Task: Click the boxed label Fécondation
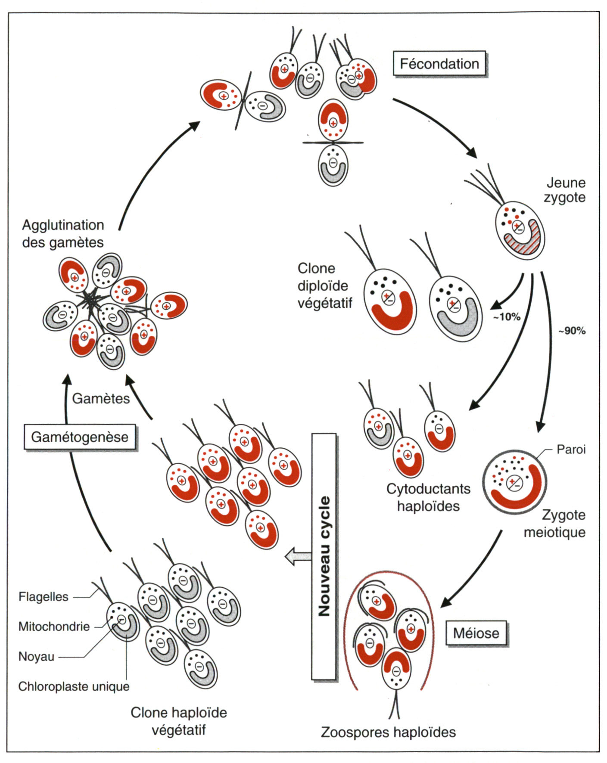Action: point(439,64)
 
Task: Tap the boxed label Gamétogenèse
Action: point(80,437)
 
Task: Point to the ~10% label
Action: point(507,317)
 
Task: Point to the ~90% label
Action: point(572,331)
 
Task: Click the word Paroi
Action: point(571,450)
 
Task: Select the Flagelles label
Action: point(43,597)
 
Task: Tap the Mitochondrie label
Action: point(54,627)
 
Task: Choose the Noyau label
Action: point(36,657)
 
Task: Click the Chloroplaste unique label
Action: point(74,686)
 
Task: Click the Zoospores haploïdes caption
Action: point(388,732)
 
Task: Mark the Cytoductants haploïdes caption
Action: point(428,497)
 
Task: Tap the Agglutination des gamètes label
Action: point(63,233)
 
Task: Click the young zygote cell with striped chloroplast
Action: point(520,233)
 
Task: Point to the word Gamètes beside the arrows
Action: point(101,398)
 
